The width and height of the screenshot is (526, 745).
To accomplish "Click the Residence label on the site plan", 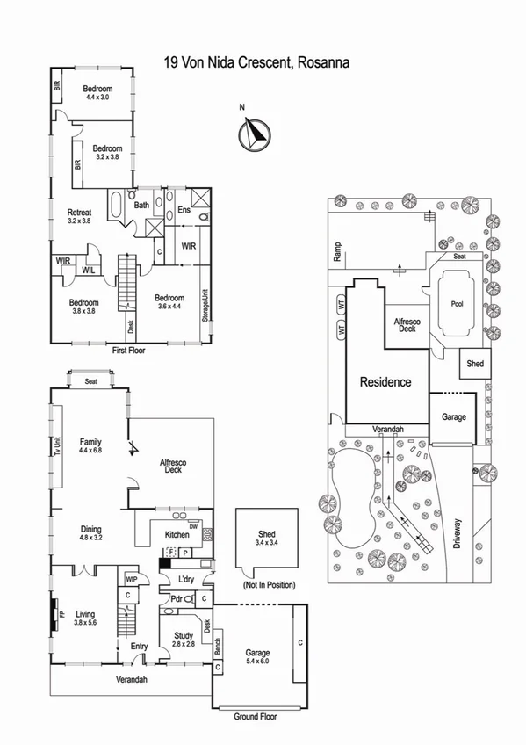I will pos(384,382).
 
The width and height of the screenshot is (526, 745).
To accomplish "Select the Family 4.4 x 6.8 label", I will pos(90,446).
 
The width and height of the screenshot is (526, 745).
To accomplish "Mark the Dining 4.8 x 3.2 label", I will pos(91,534).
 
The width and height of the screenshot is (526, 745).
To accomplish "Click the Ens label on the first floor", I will pos(184,210).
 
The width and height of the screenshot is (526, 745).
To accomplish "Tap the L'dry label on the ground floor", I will pos(185,581).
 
